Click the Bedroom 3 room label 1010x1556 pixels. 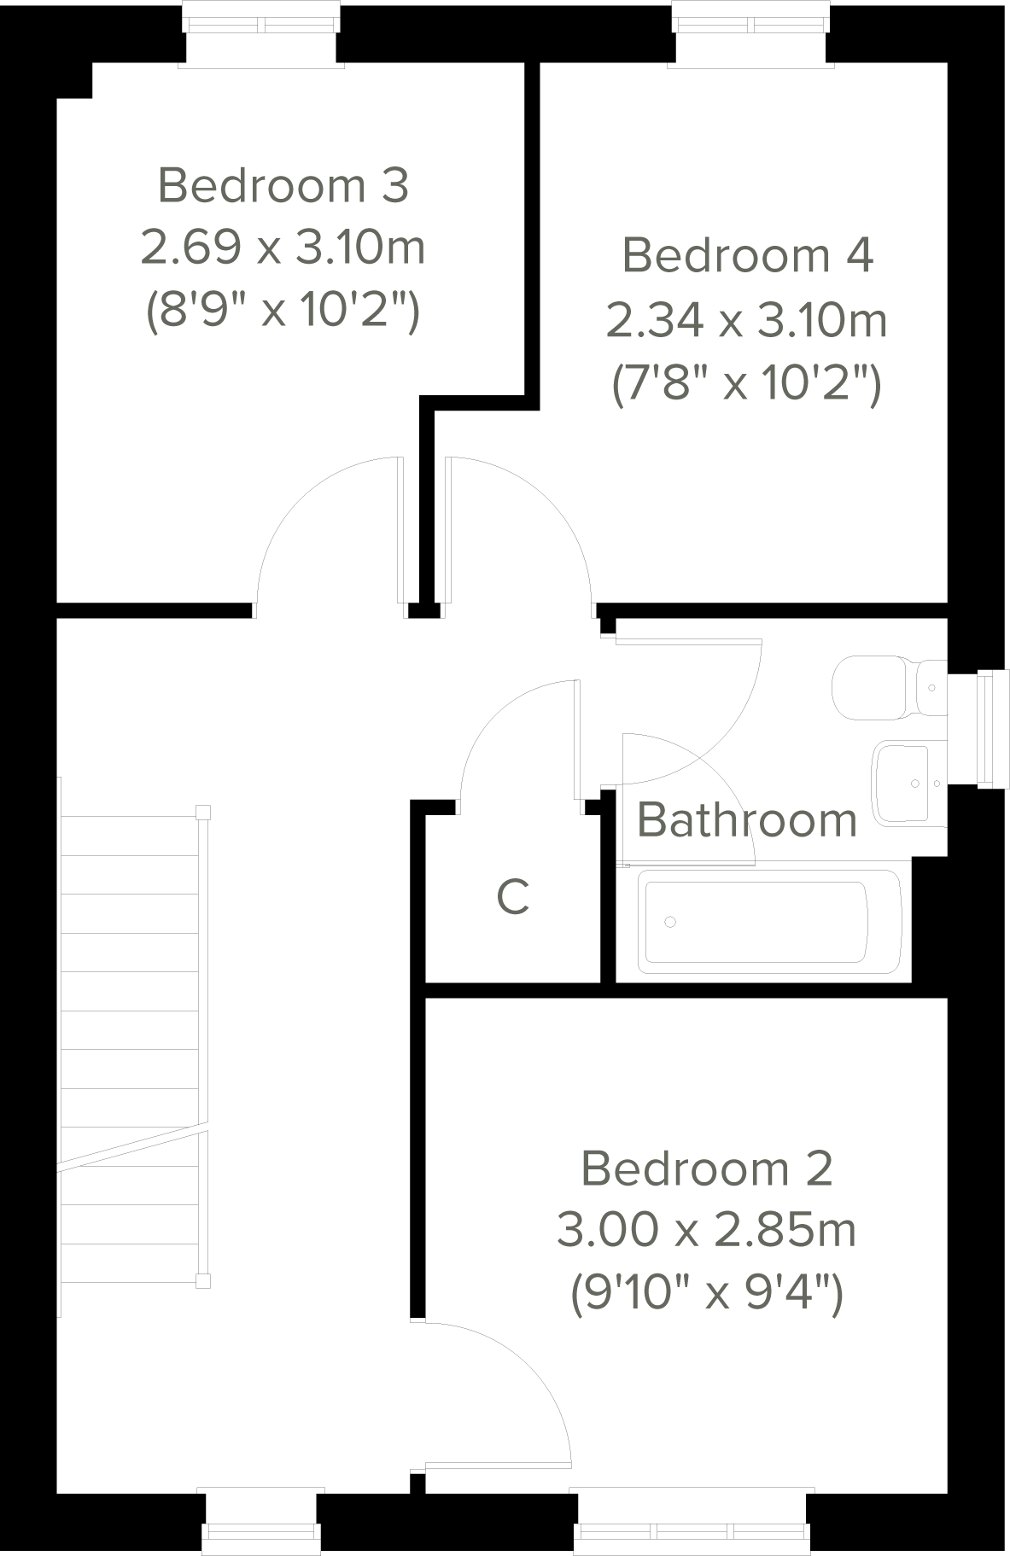point(283,185)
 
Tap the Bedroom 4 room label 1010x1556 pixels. point(747,255)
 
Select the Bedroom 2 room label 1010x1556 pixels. point(706,1168)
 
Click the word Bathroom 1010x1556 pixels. point(747,820)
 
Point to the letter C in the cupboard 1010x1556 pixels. point(513,897)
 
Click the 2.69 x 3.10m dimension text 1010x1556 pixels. point(283,248)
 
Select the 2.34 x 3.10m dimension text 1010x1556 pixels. point(747,321)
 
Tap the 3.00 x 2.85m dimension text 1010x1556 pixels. point(706,1231)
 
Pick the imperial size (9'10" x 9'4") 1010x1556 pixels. point(706,1294)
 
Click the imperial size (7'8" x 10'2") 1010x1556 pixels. point(747,385)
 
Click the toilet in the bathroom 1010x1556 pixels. point(888,687)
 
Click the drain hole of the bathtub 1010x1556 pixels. point(670,922)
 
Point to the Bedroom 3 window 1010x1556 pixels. point(260,34)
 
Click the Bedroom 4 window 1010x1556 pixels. point(750,34)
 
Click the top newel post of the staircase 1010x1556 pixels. point(202,812)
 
